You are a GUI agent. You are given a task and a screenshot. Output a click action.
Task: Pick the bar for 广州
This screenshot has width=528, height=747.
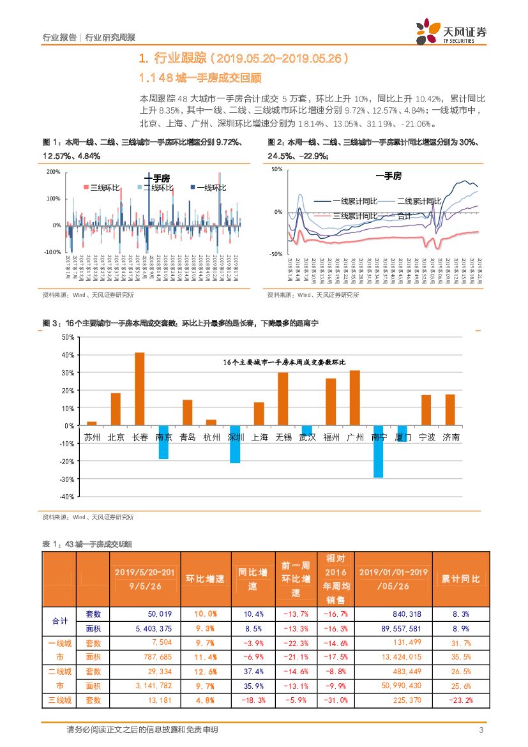coord(354,397)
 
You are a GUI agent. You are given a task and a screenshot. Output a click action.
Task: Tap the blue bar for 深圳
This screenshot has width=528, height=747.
coord(235,444)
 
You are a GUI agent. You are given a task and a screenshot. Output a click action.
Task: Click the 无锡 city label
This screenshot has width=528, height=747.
coord(283,438)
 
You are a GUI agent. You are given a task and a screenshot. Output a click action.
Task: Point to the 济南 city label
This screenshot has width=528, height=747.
coord(450,438)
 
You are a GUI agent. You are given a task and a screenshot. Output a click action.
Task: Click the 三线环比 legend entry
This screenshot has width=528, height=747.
coord(102,188)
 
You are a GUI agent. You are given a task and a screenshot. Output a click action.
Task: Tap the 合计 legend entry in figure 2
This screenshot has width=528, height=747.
coord(404,216)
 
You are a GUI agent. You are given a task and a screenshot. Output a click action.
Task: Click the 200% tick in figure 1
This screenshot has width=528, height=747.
coord(53,172)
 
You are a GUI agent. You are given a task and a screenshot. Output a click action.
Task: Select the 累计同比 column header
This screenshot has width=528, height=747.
coord(460,579)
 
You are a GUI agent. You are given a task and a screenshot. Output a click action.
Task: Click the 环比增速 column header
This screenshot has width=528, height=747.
coord(205,579)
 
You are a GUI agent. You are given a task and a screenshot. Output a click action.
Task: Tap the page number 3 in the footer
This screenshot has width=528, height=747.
coord(481,730)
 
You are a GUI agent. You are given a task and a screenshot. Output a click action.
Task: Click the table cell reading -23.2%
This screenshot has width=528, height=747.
coord(460,700)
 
